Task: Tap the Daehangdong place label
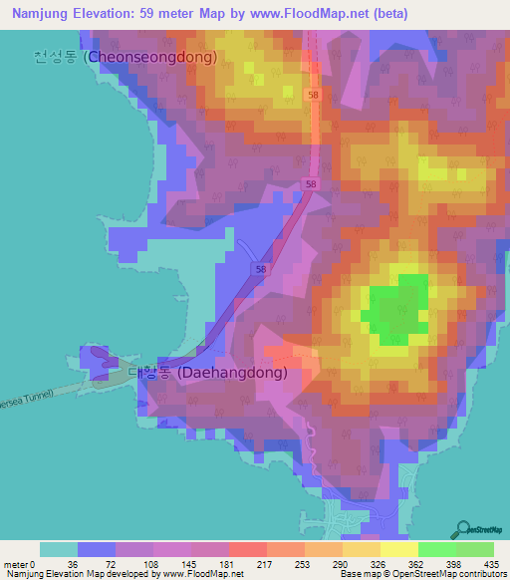click(x=207, y=373)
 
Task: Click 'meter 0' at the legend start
click(x=20, y=565)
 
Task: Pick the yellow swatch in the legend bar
click(x=399, y=549)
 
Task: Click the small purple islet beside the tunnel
click(x=97, y=362)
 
